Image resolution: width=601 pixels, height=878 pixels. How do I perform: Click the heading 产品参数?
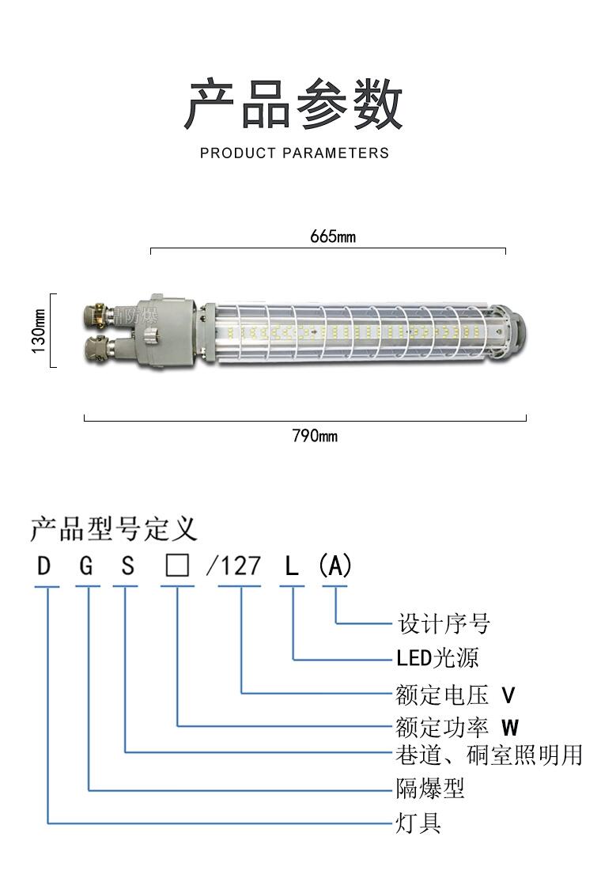coord(293,104)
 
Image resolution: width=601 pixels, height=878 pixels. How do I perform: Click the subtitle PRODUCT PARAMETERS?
coord(294,153)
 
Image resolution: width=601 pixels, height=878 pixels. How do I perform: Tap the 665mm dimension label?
coord(333,237)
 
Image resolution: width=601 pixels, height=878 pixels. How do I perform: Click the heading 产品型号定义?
coord(113,528)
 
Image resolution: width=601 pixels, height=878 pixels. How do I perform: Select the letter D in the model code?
coord(45,566)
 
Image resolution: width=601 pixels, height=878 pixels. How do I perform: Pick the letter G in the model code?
coord(87,566)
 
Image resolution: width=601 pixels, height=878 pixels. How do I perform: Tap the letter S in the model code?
coord(127,566)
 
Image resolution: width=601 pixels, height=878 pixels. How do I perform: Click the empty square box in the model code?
coord(176,566)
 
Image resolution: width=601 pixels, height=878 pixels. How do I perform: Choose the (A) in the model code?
coord(335,566)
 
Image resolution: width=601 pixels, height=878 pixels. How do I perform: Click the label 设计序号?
coord(444,623)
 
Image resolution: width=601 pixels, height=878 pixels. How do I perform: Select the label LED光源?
coord(437,658)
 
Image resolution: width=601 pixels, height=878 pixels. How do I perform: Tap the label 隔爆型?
coord(429,788)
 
